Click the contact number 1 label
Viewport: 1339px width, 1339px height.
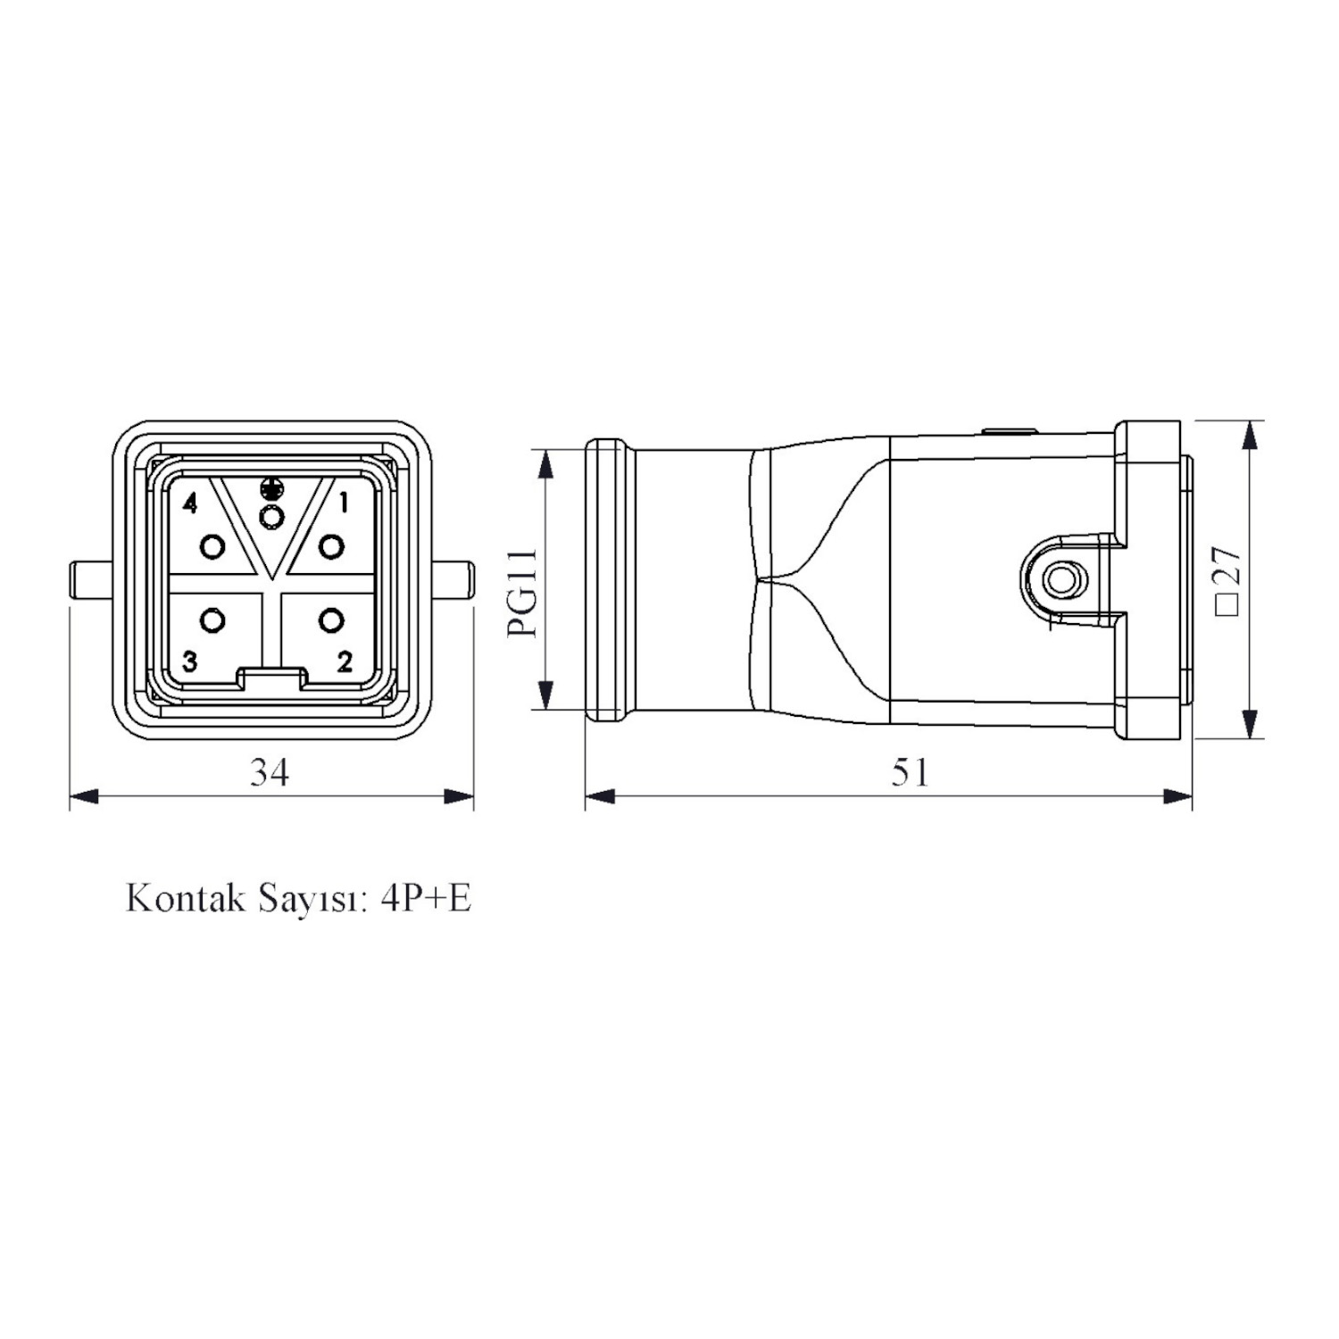tap(343, 503)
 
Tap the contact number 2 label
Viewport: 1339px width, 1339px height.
tap(345, 661)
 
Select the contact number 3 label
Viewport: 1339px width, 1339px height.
tap(189, 661)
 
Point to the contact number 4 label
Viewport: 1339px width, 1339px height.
tap(189, 503)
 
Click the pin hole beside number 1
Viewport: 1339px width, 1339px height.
tap(331, 545)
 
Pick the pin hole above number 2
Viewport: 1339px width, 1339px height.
tap(331, 620)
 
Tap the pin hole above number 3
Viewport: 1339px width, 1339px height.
tap(212, 620)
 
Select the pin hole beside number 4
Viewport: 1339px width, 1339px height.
tap(212, 545)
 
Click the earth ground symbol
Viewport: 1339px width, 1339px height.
tap(271, 489)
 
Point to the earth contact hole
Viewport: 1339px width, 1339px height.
tap(271, 516)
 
